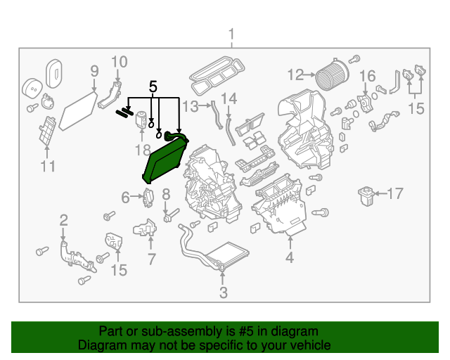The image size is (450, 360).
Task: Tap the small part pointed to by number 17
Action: pos(366,194)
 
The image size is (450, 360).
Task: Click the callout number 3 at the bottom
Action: pos(223,292)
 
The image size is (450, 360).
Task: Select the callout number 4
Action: pos(289,258)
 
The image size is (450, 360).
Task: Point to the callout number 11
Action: pos(47,166)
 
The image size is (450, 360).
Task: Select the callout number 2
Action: pos(63,219)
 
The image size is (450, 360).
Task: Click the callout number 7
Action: pos(150,259)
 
